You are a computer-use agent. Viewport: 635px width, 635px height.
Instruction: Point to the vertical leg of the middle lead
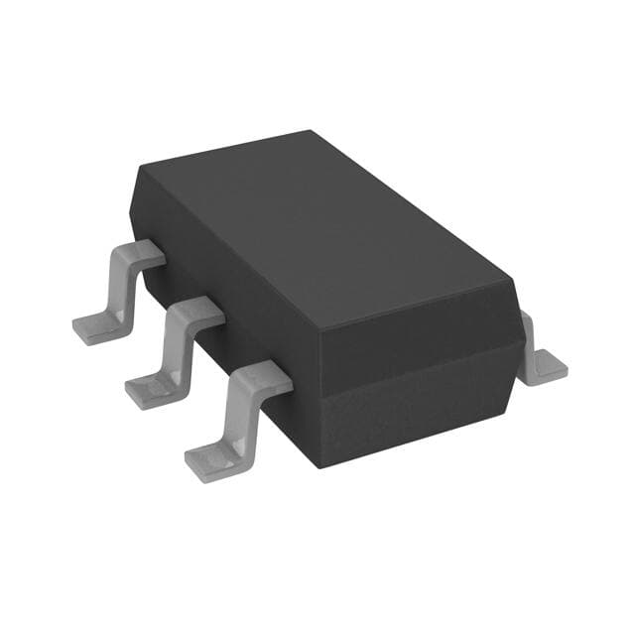point(179,347)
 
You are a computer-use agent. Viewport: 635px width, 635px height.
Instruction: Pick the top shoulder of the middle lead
point(199,312)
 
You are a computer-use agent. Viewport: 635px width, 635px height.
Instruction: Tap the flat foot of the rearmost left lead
point(94,326)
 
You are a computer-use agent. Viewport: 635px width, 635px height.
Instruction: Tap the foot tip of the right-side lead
point(551,370)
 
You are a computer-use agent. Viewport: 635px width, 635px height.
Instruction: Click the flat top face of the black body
point(317,228)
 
